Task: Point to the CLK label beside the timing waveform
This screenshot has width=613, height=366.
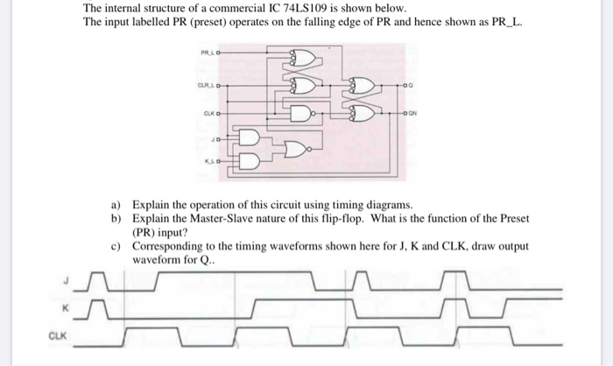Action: tap(57, 334)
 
